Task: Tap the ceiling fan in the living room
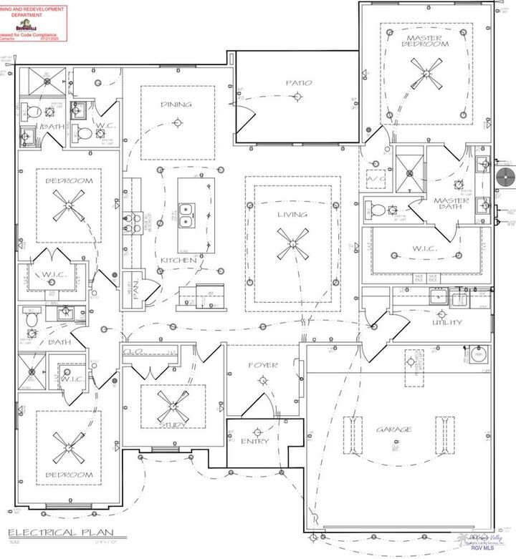tap(292, 245)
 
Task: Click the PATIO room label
tap(299, 82)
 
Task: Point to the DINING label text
tap(176, 104)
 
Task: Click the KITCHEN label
tap(178, 260)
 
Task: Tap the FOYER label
tap(262, 365)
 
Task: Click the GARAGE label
tap(394, 429)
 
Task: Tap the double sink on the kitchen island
tap(188, 214)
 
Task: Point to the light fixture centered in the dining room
tap(177, 123)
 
